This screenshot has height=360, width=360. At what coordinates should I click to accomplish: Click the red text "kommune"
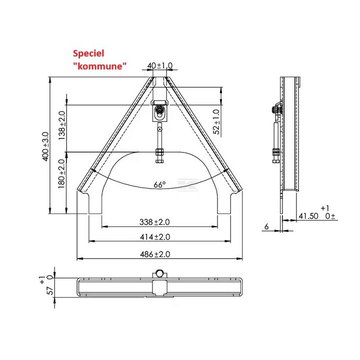pyautogui.click(x=99, y=65)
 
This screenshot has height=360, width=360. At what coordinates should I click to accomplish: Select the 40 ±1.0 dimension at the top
pyautogui.click(x=160, y=65)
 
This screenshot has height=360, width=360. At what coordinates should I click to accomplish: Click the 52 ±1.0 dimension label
pyautogui.click(x=216, y=121)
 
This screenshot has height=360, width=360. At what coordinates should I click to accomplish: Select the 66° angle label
pyautogui.click(x=159, y=185)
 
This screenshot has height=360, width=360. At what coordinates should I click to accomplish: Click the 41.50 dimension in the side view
pyautogui.click(x=308, y=216)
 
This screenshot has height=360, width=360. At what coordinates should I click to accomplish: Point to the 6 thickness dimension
pyautogui.click(x=266, y=226)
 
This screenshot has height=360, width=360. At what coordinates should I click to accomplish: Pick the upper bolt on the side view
pyautogui.click(x=275, y=109)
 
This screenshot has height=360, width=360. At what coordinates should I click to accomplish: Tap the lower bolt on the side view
pyautogui.click(x=275, y=152)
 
